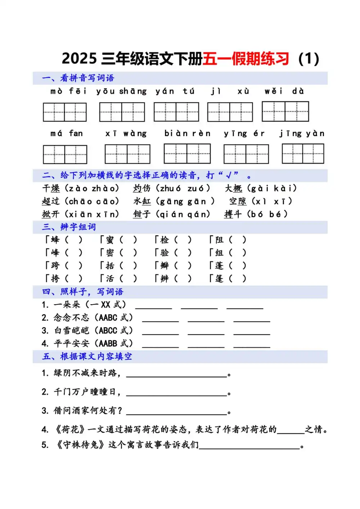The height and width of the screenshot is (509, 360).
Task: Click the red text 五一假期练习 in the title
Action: (246, 59)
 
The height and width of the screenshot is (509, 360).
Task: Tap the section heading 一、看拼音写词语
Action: (78, 78)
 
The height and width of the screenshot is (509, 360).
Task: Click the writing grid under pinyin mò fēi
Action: (65, 112)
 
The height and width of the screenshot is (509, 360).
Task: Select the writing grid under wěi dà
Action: (285, 111)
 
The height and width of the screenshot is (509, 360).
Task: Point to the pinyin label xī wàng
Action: (126, 134)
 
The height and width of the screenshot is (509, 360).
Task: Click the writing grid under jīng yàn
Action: (303, 154)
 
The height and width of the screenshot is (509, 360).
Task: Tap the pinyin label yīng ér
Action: (244, 134)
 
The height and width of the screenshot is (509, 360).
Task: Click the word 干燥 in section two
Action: (51, 188)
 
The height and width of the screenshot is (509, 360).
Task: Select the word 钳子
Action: (141, 214)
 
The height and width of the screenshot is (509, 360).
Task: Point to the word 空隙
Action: (238, 201)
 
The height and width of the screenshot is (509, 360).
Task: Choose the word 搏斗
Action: (233, 214)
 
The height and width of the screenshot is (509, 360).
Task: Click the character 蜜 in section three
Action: (110, 240)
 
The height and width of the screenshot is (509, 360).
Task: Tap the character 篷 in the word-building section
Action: (219, 279)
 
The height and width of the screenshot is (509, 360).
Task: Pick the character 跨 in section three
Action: (55, 266)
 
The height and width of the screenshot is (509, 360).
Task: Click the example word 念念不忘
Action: (71, 317)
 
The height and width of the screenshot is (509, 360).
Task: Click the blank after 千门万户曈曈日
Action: (176, 392)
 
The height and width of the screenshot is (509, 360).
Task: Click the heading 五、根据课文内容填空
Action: (87, 356)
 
